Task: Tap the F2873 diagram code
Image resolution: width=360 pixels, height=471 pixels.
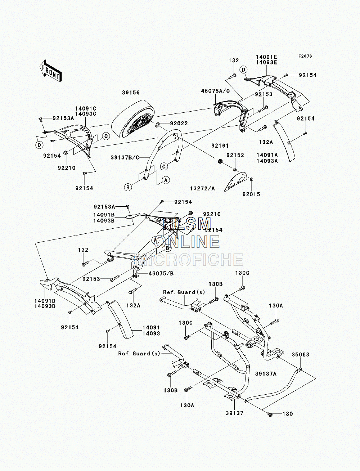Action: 305,56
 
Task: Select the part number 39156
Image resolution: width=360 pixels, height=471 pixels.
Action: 131,93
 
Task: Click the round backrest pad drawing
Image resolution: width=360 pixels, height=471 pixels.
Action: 133,119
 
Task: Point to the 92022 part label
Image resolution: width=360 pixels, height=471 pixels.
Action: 179,124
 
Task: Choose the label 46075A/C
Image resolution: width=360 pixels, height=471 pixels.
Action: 215,91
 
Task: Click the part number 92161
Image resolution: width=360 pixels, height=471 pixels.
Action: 220,146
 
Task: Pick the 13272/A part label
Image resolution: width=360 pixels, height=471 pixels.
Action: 202,188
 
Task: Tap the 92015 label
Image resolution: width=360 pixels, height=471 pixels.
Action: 251,194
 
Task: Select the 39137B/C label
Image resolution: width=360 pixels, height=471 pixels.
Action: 125,158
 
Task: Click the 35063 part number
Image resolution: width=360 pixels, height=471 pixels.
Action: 300,355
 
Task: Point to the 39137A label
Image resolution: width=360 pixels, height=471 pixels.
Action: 266,374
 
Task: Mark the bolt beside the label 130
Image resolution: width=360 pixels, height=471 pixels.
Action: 270,414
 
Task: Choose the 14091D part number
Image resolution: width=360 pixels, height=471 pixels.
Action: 45,301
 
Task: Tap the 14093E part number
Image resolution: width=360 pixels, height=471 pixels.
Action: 266,62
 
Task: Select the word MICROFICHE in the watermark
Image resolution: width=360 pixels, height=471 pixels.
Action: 189,259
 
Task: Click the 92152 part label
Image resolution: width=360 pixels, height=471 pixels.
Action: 235,155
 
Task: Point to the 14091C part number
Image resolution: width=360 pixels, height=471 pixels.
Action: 86,109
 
